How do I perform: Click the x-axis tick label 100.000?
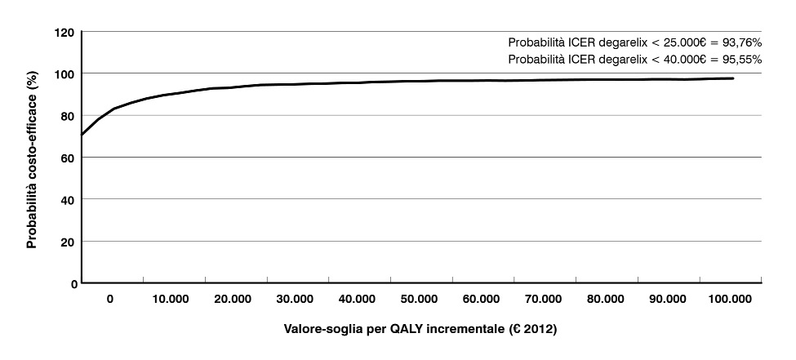729,300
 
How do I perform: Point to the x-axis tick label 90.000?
668,300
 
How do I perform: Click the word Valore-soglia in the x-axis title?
320,330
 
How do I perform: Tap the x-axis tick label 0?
110,300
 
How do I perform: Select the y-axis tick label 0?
73,283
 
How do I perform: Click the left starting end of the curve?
82,135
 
